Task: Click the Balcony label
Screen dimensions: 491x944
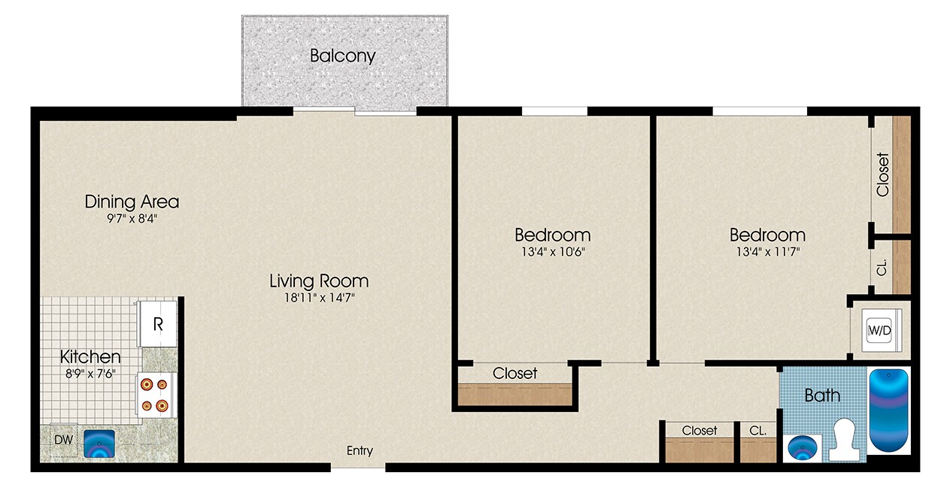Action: [342, 56]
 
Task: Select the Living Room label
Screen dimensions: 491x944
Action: [319, 281]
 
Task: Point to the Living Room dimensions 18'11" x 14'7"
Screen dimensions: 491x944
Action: [319, 298]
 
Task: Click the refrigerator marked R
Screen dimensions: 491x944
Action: [158, 324]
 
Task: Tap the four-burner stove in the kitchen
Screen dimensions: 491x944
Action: [156, 395]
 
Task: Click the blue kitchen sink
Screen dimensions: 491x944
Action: [99, 444]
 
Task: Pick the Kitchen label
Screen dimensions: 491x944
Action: [90, 356]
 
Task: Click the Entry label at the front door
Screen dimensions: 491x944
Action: [360, 451]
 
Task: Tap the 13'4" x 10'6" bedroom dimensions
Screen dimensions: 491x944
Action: [552, 252]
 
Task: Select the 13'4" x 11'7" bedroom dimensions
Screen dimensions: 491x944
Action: [766, 252]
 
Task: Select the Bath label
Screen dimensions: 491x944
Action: [822, 396]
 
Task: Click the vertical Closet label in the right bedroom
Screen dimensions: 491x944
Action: [882, 174]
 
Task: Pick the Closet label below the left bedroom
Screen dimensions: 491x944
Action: [514, 373]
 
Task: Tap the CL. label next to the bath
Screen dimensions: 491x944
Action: [757, 431]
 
